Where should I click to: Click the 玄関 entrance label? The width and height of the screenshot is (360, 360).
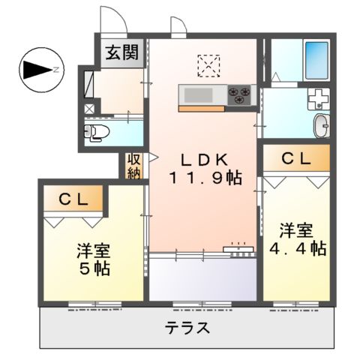[x=121, y=53]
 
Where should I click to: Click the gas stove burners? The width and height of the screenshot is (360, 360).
[x=241, y=95]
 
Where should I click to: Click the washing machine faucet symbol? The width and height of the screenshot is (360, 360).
[x=319, y=98]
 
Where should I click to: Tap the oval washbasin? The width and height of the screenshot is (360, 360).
[x=321, y=126]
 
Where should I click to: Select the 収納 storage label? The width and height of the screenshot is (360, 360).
[x=133, y=166]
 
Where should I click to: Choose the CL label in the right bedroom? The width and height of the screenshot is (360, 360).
[x=295, y=158]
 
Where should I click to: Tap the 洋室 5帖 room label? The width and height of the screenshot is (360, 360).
[x=91, y=259]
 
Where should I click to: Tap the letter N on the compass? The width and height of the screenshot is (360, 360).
[x=56, y=71]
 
